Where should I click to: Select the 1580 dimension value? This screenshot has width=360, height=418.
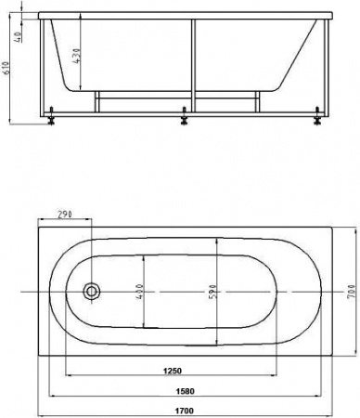(x=184, y=390)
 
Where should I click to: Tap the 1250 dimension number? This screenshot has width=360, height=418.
(x=184, y=372)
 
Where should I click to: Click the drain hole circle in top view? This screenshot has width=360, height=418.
(x=92, y=292)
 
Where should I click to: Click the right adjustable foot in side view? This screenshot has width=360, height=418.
(x=318, y=116)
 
